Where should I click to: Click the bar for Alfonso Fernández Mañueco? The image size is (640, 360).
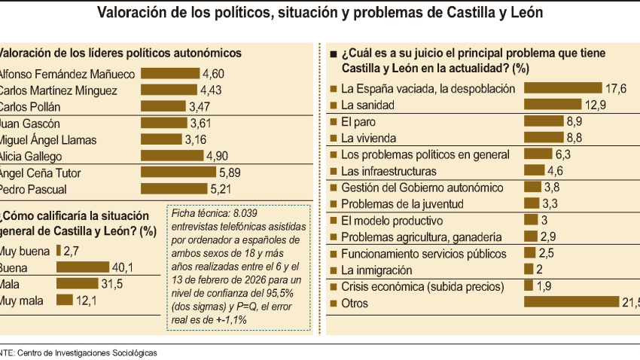click(x=169, y=74)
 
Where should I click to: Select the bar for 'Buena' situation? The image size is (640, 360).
click(x=82, y=267)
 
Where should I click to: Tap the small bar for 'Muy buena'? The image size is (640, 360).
click(x=59, y=250)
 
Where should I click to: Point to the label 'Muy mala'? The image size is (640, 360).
click(x=22, y=300)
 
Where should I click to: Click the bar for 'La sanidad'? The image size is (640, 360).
click(x=552, y=104)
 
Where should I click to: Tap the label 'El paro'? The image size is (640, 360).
click(x=358, y=121)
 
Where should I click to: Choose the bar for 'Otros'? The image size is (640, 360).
click(x=571, y=303)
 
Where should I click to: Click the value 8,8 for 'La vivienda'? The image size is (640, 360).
click(x=574, y=137)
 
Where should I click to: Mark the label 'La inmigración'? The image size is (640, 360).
click(x=376, y=270)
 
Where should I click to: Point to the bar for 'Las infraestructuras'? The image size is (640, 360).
click(x=534, y=171)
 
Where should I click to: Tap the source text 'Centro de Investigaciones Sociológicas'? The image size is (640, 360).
click(x=87, y=352)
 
